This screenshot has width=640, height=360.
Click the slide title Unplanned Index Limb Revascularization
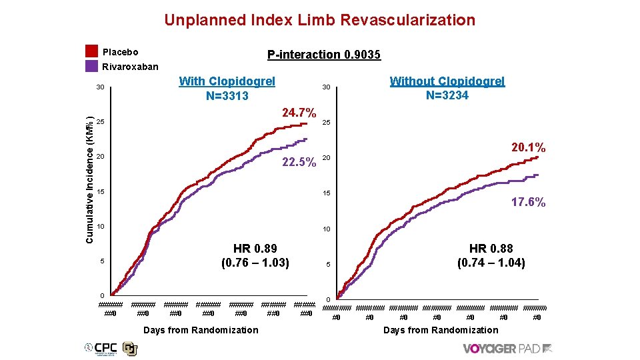[x=319, y=20]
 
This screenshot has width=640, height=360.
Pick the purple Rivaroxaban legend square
[x=92, y=66]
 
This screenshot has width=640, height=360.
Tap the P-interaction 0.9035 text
[x=323, y=55]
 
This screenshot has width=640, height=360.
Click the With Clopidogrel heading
[x=227, y=81]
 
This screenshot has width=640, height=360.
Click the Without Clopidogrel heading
[x=447, y=81]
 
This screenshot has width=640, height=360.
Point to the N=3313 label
[x=227, y=96]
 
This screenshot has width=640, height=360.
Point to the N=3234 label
[x=447, y=95]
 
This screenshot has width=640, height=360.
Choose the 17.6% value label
[x=528, y=202]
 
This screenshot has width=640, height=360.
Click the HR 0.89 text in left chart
[x=255, y=249]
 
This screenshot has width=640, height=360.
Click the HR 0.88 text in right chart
[x=491, y=249]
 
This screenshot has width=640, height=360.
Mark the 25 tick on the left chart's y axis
[x=100, y=123]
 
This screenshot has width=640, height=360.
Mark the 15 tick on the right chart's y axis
[x=327, y=193]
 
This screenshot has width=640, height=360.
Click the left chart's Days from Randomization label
[x=201, y=330]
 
